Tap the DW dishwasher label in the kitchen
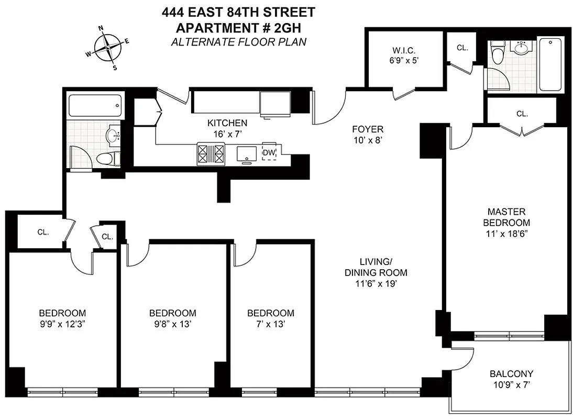point(269,152)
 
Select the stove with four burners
point(210,153)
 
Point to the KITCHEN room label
point(227,123)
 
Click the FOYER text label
point(367,129)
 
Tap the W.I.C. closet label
point(404,51)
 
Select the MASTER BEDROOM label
point(506,217)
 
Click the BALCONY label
point(511,374)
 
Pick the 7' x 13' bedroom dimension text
point(270,324)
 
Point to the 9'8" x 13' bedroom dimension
point(172,324)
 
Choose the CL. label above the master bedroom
point(521,113)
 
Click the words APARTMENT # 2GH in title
point(238,28)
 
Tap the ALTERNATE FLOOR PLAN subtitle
point(238,41)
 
